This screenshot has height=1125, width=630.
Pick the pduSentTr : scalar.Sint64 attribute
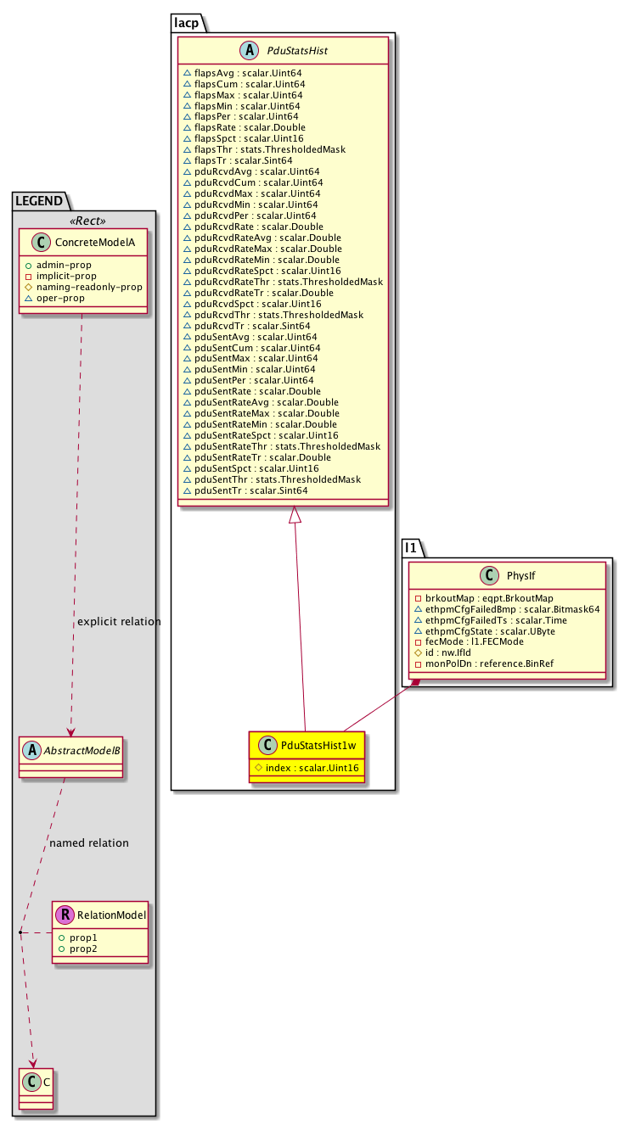[250, 490]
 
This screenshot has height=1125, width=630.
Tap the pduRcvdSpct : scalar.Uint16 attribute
[257, 303]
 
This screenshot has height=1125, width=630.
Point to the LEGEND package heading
[40, 201]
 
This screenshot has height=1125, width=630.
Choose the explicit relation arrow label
[119, 622]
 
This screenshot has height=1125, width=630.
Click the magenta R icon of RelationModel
[65, 915]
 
